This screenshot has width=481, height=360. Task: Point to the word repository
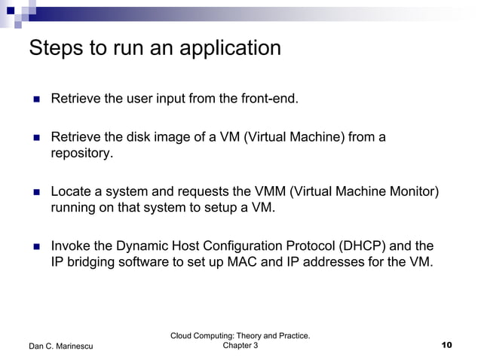[x=81, y=154]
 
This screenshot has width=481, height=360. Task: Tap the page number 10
[x=446, y=345]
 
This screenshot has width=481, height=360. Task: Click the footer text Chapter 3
[x=240, y=345]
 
